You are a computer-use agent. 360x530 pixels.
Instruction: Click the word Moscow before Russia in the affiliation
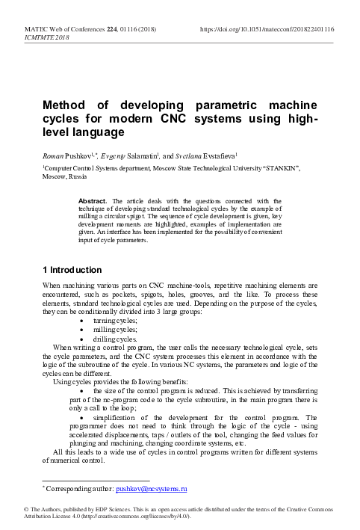[54, 178]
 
